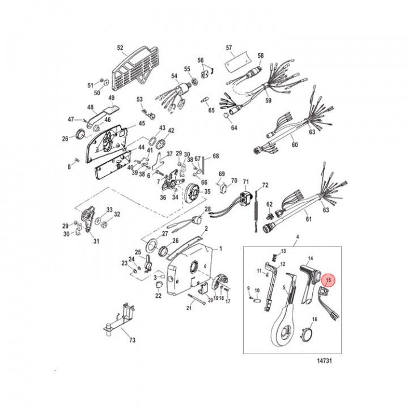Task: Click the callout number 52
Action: click(x=120, y=48)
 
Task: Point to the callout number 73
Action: click(x=132, y=341)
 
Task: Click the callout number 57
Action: click(x=229, y=48)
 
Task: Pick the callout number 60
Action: click(x=294, y=145)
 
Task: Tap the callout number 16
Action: click(x=315, y=320)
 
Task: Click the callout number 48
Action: click(x=90, y=107)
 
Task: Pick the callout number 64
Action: click(x=234, y=129)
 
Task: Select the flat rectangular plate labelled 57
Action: click(x=237, y=61)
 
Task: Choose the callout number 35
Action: click(x=207, y=192)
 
